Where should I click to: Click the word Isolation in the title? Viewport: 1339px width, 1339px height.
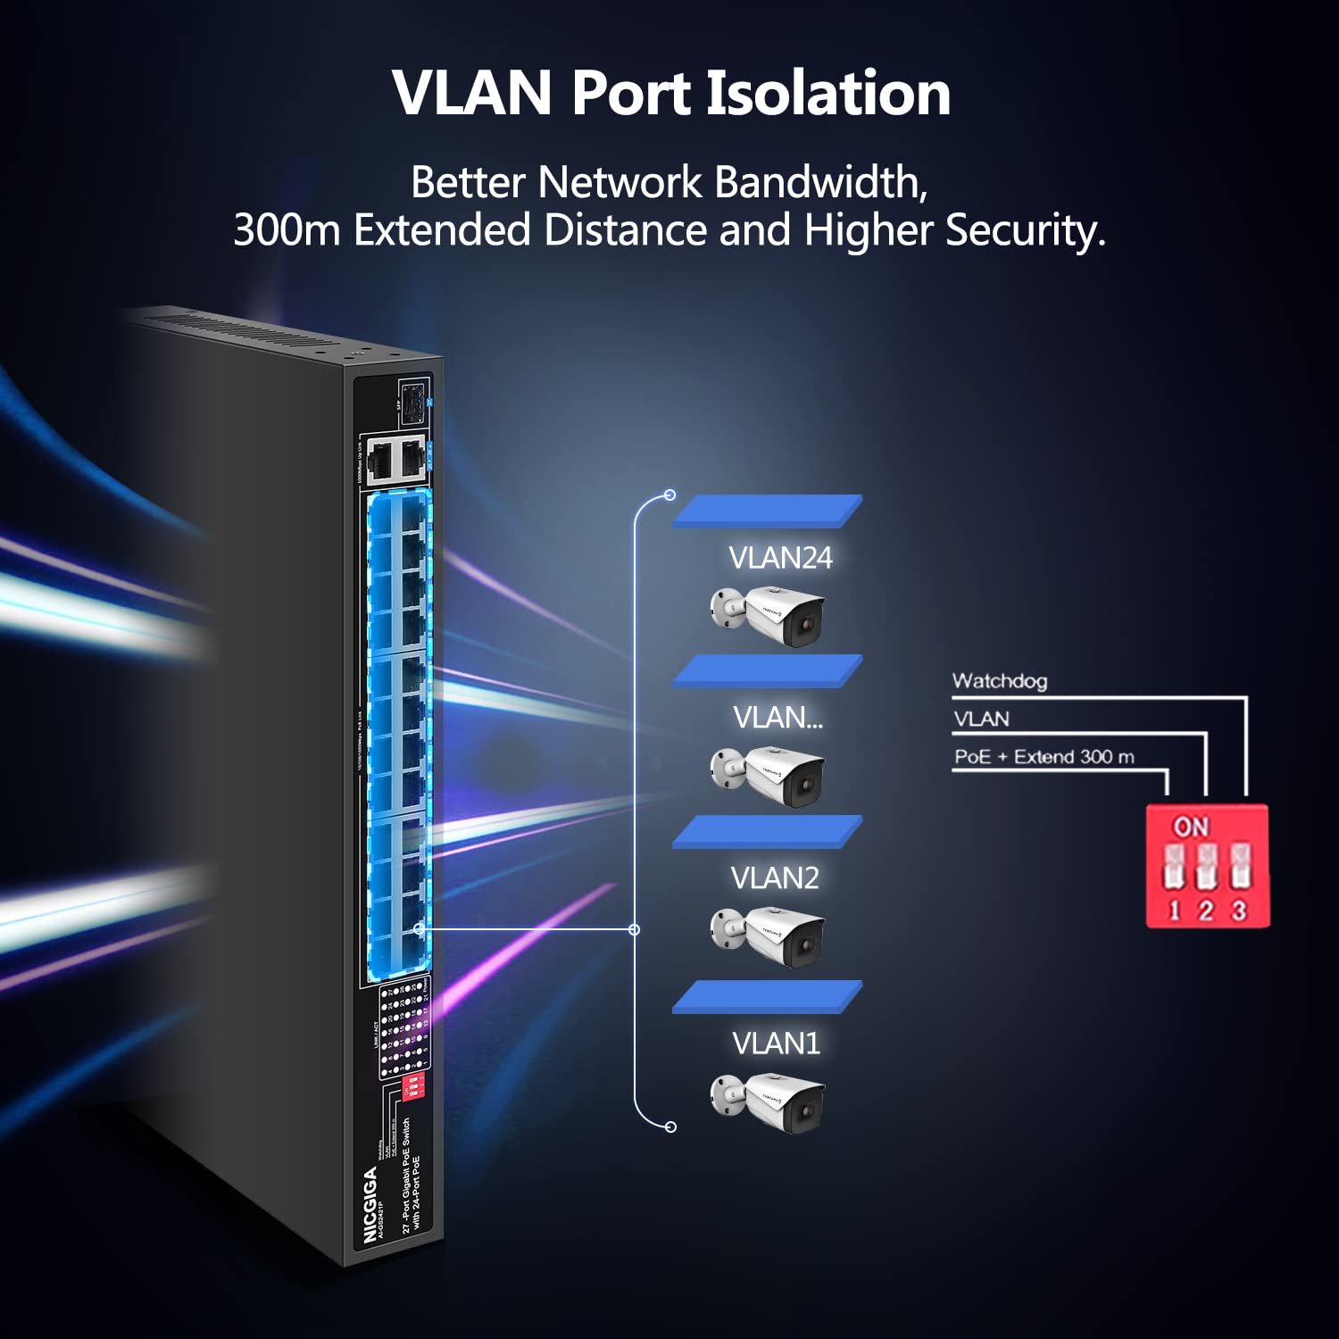click(828, 94)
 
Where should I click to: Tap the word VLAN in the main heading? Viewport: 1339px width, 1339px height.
click(472, 94)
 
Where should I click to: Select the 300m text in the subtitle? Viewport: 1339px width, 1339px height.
click(287, 230)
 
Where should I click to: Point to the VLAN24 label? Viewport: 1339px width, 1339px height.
click(780, 558)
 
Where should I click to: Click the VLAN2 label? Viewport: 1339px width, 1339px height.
click(775, 878)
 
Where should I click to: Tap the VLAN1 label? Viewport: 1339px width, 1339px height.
click(776, 1043)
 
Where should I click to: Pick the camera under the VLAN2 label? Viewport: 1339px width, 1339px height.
click(769, 936)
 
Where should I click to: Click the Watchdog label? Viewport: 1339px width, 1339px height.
click(999, 681)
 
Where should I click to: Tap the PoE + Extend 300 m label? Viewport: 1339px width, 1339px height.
click(1044, 757)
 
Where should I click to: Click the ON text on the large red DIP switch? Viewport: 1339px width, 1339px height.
click(1191, 827)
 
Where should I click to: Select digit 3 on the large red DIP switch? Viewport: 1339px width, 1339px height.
click(1239, 911)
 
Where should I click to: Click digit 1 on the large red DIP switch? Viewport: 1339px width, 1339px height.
click(1174, 911)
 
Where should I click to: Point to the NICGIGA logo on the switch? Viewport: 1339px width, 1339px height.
click(370, 1204)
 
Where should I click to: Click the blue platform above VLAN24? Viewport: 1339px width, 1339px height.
click(767, 511)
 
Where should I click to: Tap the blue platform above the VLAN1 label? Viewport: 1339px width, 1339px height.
click(767, 997)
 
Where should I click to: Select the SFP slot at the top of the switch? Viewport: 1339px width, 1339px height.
click(412, 403)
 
